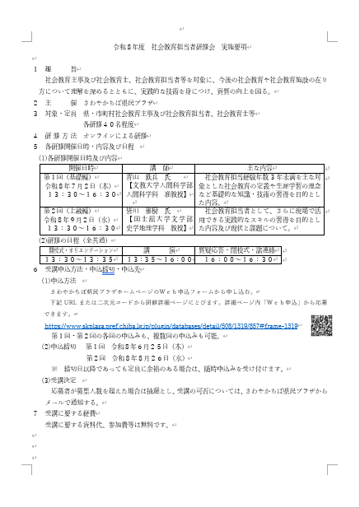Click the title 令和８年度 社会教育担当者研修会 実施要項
pos(180,48)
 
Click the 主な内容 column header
pos(277,167)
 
